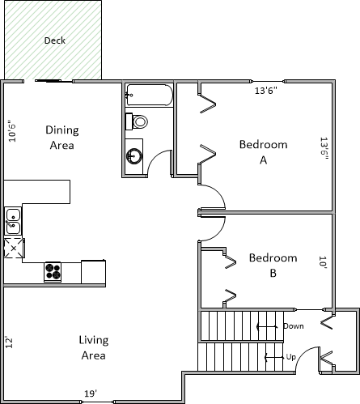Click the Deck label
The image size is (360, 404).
point(55,40)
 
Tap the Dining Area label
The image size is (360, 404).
point(62,138)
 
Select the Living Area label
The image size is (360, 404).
point(94,347)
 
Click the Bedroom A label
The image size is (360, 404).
point(263,152)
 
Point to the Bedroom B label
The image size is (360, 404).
point(273,266)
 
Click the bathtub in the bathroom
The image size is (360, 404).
point(150,95)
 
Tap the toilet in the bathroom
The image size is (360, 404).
point(137,121)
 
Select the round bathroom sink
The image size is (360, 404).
point(133,155)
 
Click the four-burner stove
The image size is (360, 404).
point(53,272)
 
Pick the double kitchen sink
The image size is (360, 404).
point(13,221)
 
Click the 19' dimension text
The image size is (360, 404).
point(91,393)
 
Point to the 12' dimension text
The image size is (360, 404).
point(9,342)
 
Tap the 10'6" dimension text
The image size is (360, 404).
point(12,131)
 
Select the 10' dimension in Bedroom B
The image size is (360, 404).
point(323,262)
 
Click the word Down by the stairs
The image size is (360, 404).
point(294,326)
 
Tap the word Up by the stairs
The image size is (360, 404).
point(291,357)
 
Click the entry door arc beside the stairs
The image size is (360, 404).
point(303,354)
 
